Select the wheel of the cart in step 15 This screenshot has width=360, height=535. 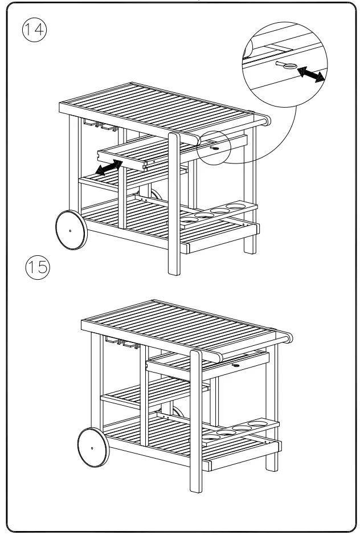click(x=91, y=448)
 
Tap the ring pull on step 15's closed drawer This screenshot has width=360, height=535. click(x=235, y=361)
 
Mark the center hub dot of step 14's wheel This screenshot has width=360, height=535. click(x=70, y=230)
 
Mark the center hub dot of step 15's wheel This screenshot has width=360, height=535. click(x=91, y=448)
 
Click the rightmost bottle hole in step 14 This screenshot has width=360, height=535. click(x=234, y=206)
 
